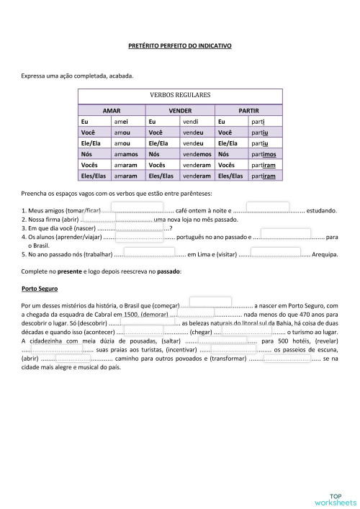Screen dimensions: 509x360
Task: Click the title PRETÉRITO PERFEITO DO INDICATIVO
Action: [180, 45]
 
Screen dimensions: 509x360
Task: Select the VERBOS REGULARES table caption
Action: [179, 94]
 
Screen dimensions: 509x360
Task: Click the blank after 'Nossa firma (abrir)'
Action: [115, 219]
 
